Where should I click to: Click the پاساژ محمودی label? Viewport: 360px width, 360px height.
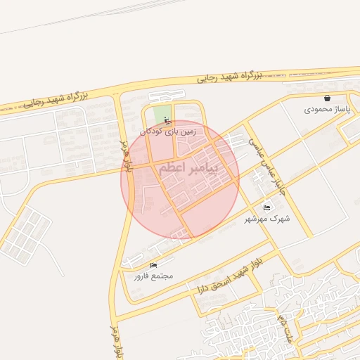[x=328, y=110]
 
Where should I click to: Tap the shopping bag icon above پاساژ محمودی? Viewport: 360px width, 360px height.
[x=328, y=98]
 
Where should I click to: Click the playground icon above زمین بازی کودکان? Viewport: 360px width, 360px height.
[x=167, y=119]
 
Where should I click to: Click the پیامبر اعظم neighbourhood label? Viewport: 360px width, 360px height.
[x=188, y=169]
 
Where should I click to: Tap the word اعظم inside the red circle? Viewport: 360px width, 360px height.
[x=172, y=169]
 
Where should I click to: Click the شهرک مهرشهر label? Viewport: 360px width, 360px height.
[x=267, y=219]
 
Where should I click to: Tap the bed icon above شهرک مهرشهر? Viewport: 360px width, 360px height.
[x=266, y=207]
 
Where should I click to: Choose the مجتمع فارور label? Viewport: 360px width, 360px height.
[x=153, y=276]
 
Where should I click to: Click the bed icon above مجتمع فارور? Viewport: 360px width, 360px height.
[x=153, y=264]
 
